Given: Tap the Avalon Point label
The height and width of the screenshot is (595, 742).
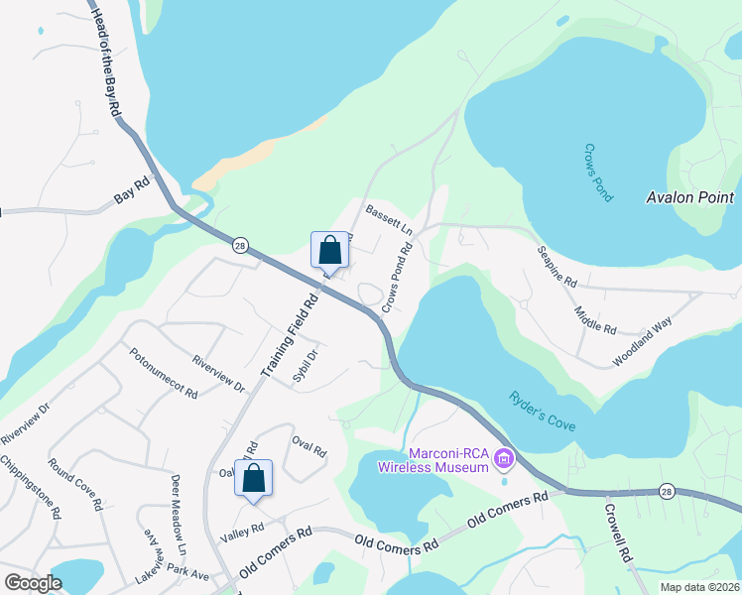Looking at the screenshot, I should pyautogui.click(x=689, y=197).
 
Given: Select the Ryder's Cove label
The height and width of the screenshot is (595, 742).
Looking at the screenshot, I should pyautogui.click(x=542, y=411).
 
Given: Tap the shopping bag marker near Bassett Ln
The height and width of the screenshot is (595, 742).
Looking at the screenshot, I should pyautogui.click(x=329, y=249).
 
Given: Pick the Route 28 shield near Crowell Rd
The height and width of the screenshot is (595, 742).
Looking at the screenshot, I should pyautogui.click(x=667, y=491).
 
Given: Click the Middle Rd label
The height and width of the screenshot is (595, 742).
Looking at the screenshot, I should pyautogui.click(x=595, y=320).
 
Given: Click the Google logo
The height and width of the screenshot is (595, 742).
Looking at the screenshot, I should pyautogui.click(x=33, y=582).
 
